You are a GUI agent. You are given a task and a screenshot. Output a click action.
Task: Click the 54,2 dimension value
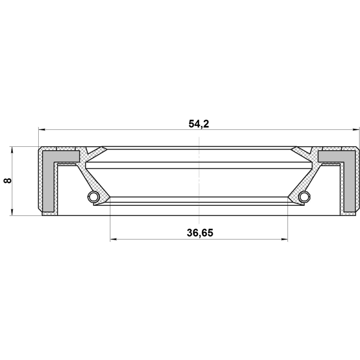[x=199, y=123]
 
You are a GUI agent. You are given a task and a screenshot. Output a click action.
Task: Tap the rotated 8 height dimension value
[x=7, y=181]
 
